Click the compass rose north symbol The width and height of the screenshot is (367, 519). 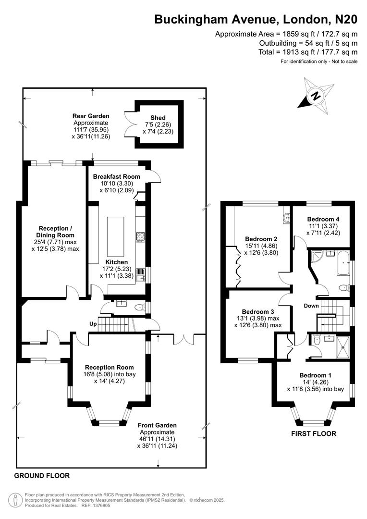pyautogui.click(x=316, y=96)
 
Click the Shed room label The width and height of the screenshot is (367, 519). pyautogui.click(x=158, y=118)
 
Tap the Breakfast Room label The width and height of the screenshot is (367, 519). pyautogui.click(x=117, y=176)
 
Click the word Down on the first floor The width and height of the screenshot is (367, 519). pyautogui.click(x=311, y=306)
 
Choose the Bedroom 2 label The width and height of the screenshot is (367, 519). pyautogui.click(x=261, y=238)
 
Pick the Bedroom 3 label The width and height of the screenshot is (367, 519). pyautogui.click(x=258, y=311)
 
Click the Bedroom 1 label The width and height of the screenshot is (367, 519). pyautogui.click(x=315, y=375)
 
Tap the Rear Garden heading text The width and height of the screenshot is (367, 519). pyautogui.click(x=91, y=116)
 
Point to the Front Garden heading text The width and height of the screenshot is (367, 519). pyautogui.click(x=157, y=425)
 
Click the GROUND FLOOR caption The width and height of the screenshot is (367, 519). pyautogui.click(x=42, y=476)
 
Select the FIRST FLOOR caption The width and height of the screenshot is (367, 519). pyautogui.click(x=314, y=433)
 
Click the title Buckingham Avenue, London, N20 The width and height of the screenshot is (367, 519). pyautogui.click(x=256, y=19)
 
